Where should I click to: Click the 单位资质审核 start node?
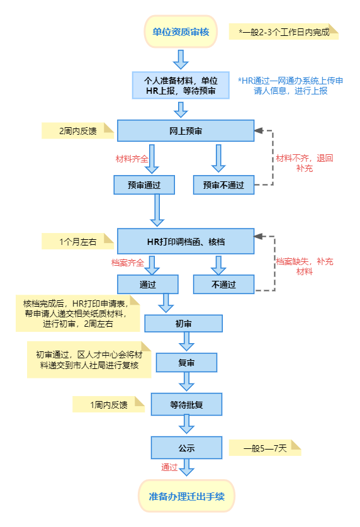tap(181, 31)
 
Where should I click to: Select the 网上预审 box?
tap(186, 131)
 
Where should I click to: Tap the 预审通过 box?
tap(144, 185)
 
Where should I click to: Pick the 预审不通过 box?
tap(223, 185)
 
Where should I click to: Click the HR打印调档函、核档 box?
tap(186, 241)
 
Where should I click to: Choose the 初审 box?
tap(183, 324)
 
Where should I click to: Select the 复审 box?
tap(186, 363)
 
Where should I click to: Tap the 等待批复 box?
tap(186, 404)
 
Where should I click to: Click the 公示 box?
tap(186, 448)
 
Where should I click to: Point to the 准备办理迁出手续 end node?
tap(187, 496)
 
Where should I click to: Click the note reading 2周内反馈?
tap(78, 131)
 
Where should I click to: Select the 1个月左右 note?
tap(78, 241)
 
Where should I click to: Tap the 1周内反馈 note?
tap(109, 404)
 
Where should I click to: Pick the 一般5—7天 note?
tap(265, 448)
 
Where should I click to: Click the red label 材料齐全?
tap(132, 159)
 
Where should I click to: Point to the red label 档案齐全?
tap(128, 263)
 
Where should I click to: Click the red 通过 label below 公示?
tap(169, 467)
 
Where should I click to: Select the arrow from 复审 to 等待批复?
tap(186, 381)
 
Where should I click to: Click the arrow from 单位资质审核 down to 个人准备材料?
tap(181, 59)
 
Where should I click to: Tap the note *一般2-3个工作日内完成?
tap(284, 31)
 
